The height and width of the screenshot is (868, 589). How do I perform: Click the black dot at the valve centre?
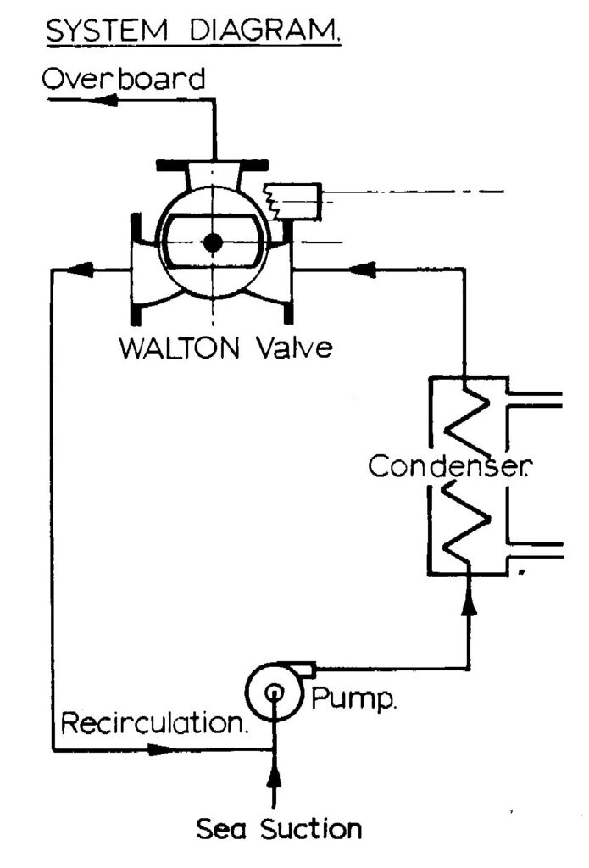[213, 242]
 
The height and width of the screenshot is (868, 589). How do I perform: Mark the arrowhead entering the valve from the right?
[363, 270]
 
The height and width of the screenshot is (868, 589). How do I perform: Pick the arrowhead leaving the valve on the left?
[78, 270]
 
